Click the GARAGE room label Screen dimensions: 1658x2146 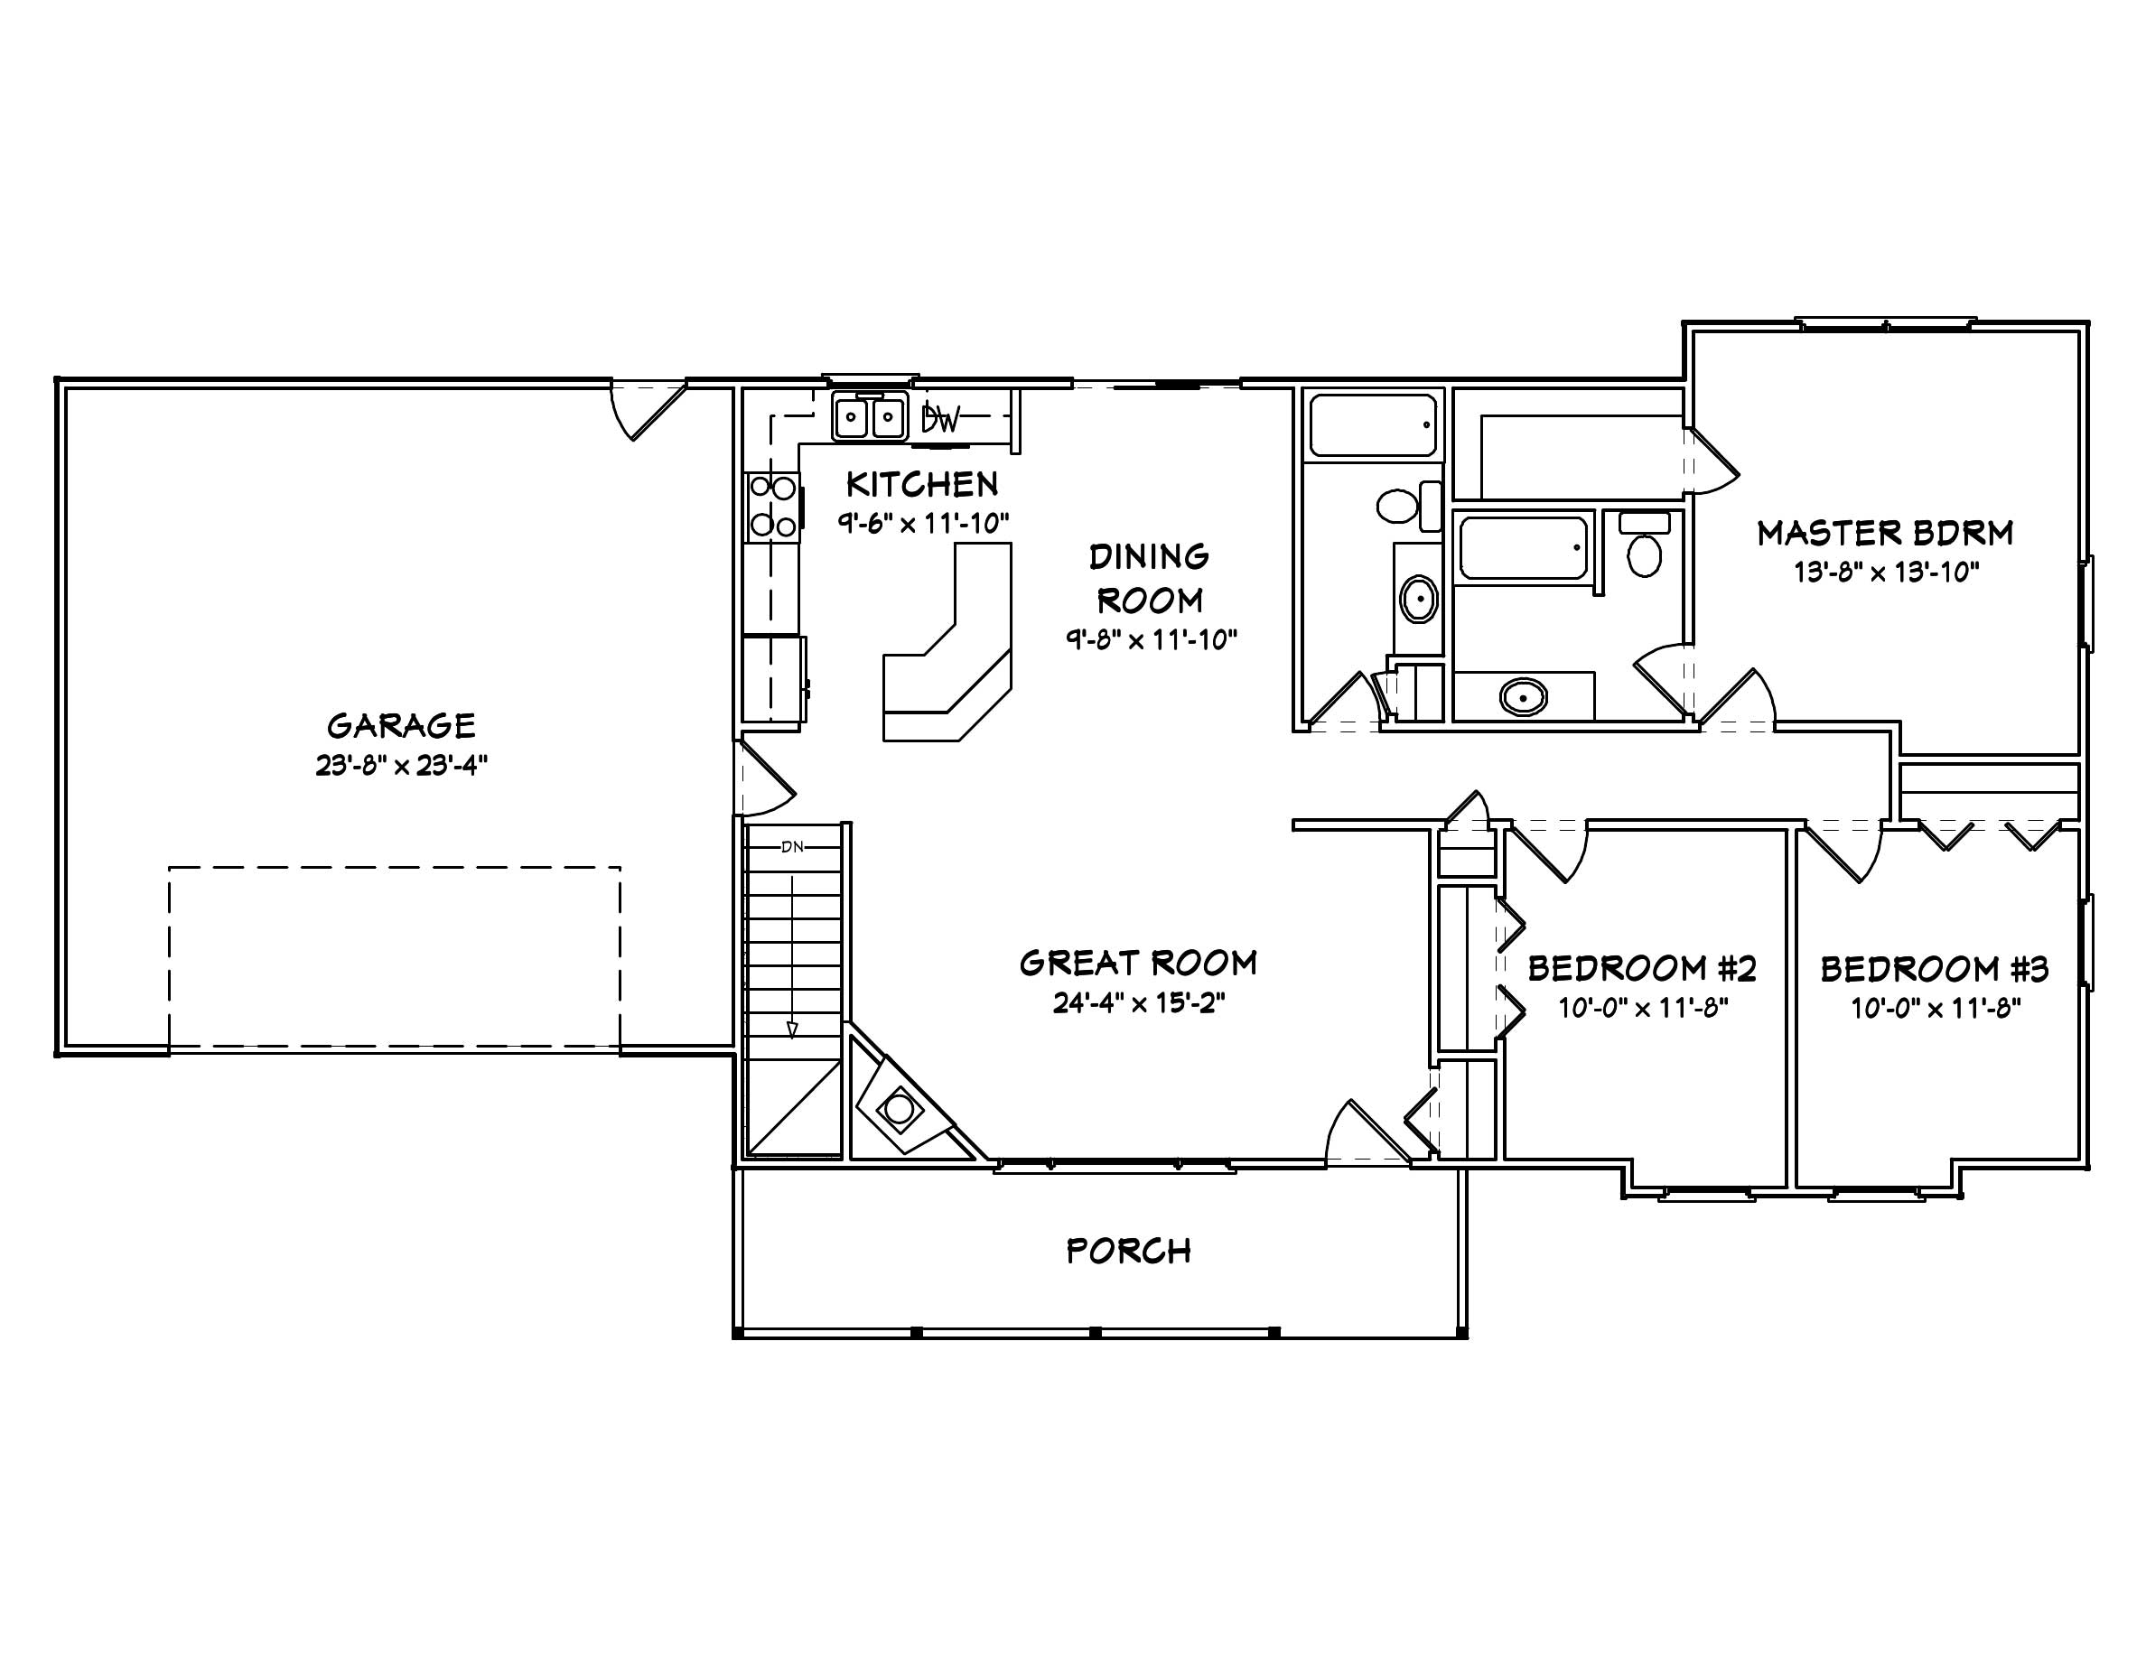pos(401,726)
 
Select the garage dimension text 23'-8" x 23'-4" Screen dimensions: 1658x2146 pos(401,765)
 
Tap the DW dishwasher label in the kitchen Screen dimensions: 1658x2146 pos(940,421)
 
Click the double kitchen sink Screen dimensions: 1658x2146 pos(869,417)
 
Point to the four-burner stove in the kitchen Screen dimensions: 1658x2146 pos(772,506)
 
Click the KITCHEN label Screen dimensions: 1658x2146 pos(921,484)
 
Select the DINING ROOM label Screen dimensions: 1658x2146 pos(1149,578)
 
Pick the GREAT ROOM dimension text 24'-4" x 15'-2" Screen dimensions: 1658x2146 pos(1139,1003)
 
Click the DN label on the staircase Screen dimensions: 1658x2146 pos(792,847)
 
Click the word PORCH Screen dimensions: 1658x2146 pos(1128,1251)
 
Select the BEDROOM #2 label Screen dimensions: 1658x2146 pos(1642,968)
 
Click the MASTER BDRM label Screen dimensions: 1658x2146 pos(1886,534)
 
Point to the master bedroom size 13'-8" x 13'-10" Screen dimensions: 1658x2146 pos(1886,572)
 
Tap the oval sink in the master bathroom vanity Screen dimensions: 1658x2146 pos(1523,697)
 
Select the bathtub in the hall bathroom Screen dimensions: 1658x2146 pos(1373,424)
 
